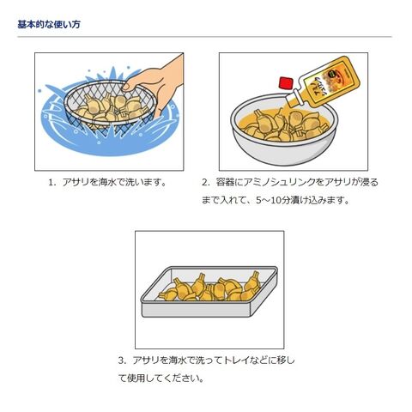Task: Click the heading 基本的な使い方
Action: (49, 24)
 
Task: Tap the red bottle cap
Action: (285, 82)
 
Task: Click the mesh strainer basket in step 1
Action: (110, 105)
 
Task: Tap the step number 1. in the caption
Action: (51, 182)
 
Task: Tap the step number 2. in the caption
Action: (206, 182)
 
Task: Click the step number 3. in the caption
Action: (122, 360)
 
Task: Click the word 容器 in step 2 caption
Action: (225, 182)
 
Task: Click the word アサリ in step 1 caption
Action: (76, 182)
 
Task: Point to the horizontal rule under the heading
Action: (204, 37)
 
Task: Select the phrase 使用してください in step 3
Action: (163, 379)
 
